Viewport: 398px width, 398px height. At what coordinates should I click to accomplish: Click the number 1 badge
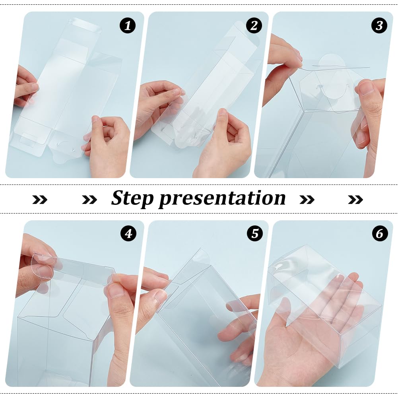coord(128,26)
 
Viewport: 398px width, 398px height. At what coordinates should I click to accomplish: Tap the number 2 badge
coord(254,26)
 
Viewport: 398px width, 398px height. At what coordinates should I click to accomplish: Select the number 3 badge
coord(379,26)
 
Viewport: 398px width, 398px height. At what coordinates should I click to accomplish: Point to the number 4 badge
coord(128,233)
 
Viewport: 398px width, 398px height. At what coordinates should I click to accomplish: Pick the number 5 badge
coord(254,233)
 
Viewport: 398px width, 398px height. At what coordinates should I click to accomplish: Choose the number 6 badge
coord(380,233)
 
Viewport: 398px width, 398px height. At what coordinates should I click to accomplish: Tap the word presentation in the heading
coord(222,198)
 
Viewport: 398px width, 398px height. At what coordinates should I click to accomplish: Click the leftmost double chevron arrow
coord(40,199)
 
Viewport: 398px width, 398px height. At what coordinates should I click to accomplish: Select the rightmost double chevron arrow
coord(355,199)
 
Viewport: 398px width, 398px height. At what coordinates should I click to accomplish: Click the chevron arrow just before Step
coord(89,199)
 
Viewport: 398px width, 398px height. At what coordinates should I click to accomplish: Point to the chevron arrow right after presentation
coord(307,199)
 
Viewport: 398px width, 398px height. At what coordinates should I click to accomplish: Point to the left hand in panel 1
coord(26,87)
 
